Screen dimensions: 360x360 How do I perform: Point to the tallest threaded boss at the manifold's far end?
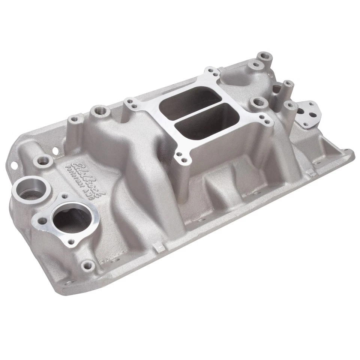[x=265, y=56]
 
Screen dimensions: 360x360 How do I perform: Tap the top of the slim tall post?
[x=288, y=83]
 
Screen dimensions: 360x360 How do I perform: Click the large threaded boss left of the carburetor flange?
[x=101, y=111]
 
